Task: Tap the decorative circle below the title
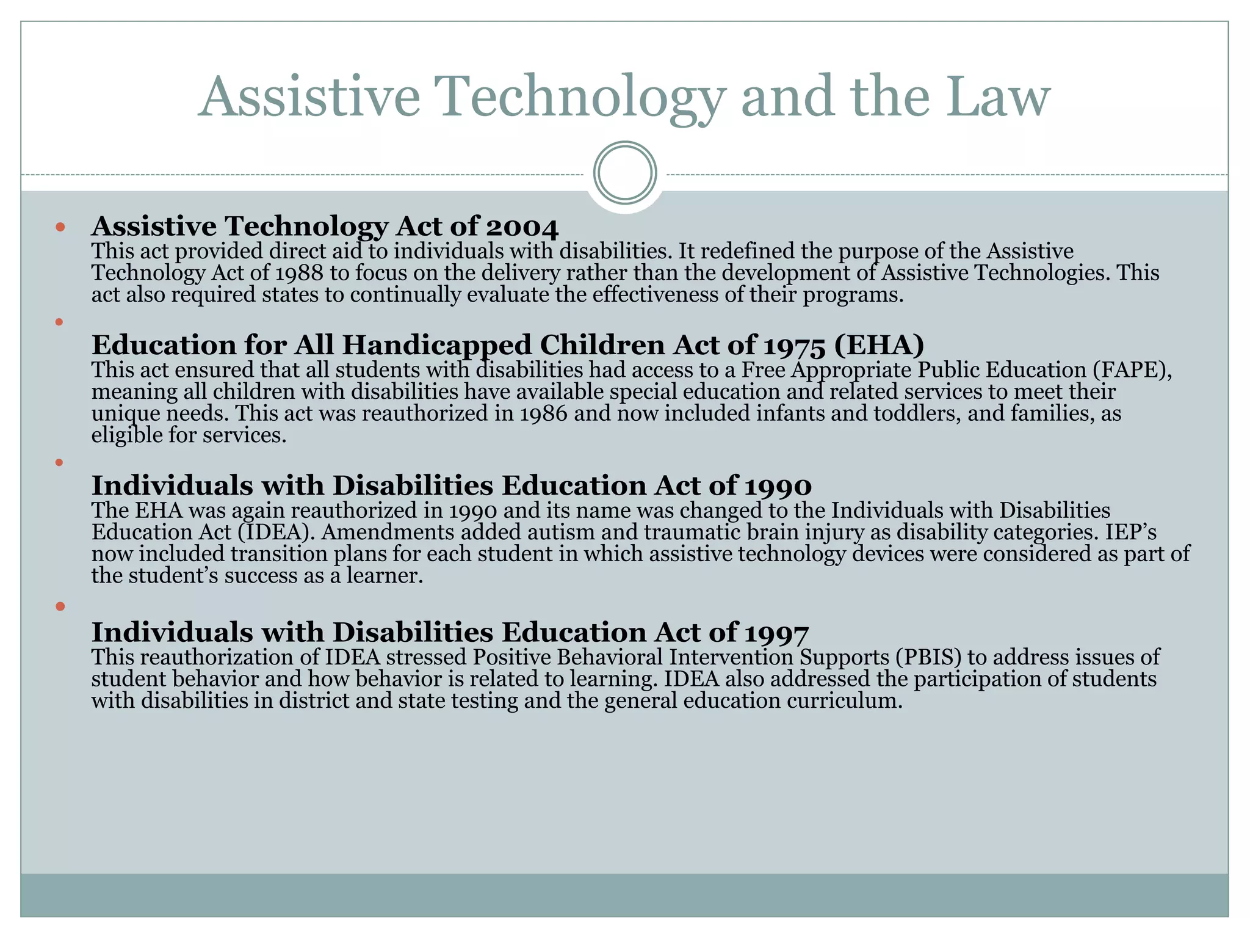tap(625, 173)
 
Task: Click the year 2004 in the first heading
tap(522, 227)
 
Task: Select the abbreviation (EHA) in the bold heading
tap(879, 346)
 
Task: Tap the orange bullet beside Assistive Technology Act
tap(60, 227)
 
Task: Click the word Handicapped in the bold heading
tap(436, 346)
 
